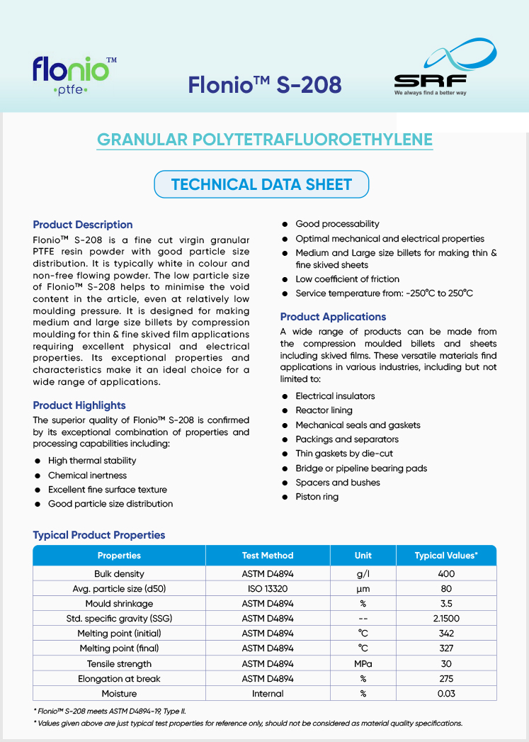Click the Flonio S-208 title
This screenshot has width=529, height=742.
265,84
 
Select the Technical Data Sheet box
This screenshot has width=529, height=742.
261,185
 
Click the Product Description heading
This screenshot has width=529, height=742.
83,225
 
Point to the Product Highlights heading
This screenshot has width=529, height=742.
79,405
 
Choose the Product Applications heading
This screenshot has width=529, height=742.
333,317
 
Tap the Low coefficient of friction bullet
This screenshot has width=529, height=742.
347,279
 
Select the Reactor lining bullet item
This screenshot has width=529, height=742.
324,410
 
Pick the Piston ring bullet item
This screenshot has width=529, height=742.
317,497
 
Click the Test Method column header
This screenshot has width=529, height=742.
268,556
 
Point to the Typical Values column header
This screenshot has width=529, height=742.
446,556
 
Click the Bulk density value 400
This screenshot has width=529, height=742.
446,574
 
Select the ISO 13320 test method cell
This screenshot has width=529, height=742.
268,589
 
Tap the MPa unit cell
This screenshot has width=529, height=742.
363,664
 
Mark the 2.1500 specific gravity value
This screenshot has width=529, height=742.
446,619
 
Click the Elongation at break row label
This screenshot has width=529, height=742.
119,679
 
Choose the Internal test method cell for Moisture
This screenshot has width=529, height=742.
268,694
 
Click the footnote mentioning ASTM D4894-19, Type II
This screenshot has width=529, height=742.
110,711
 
